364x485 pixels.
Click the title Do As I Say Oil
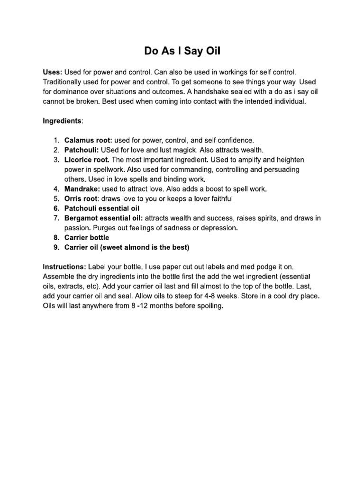[182, 51]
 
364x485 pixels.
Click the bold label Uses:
[52, 72]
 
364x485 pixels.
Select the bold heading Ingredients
[62, 121]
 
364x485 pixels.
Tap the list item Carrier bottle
[87, 237]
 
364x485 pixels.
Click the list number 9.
[56, 247]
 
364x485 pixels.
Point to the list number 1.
[56, 140]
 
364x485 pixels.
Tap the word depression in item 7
[219, 228]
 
